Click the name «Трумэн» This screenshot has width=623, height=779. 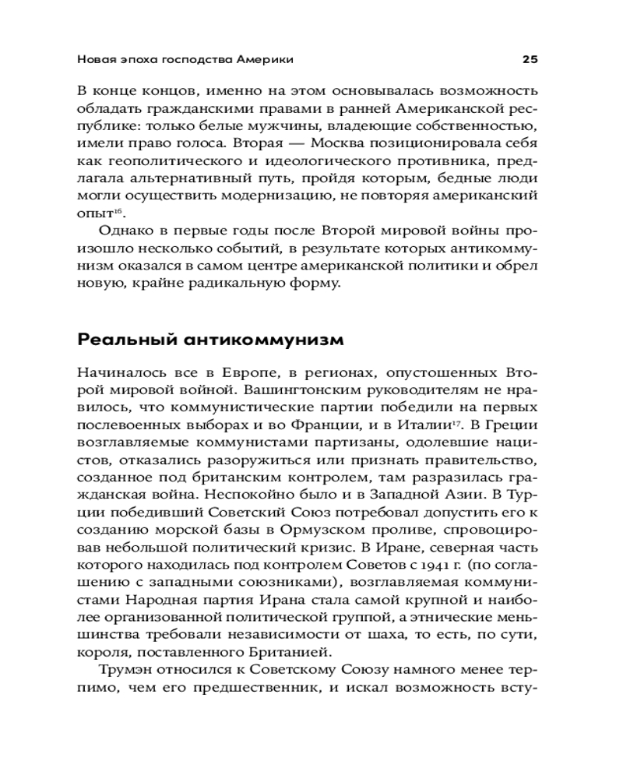click(x=126, y=669)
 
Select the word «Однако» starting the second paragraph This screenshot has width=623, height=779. click(x=127, y=233)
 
